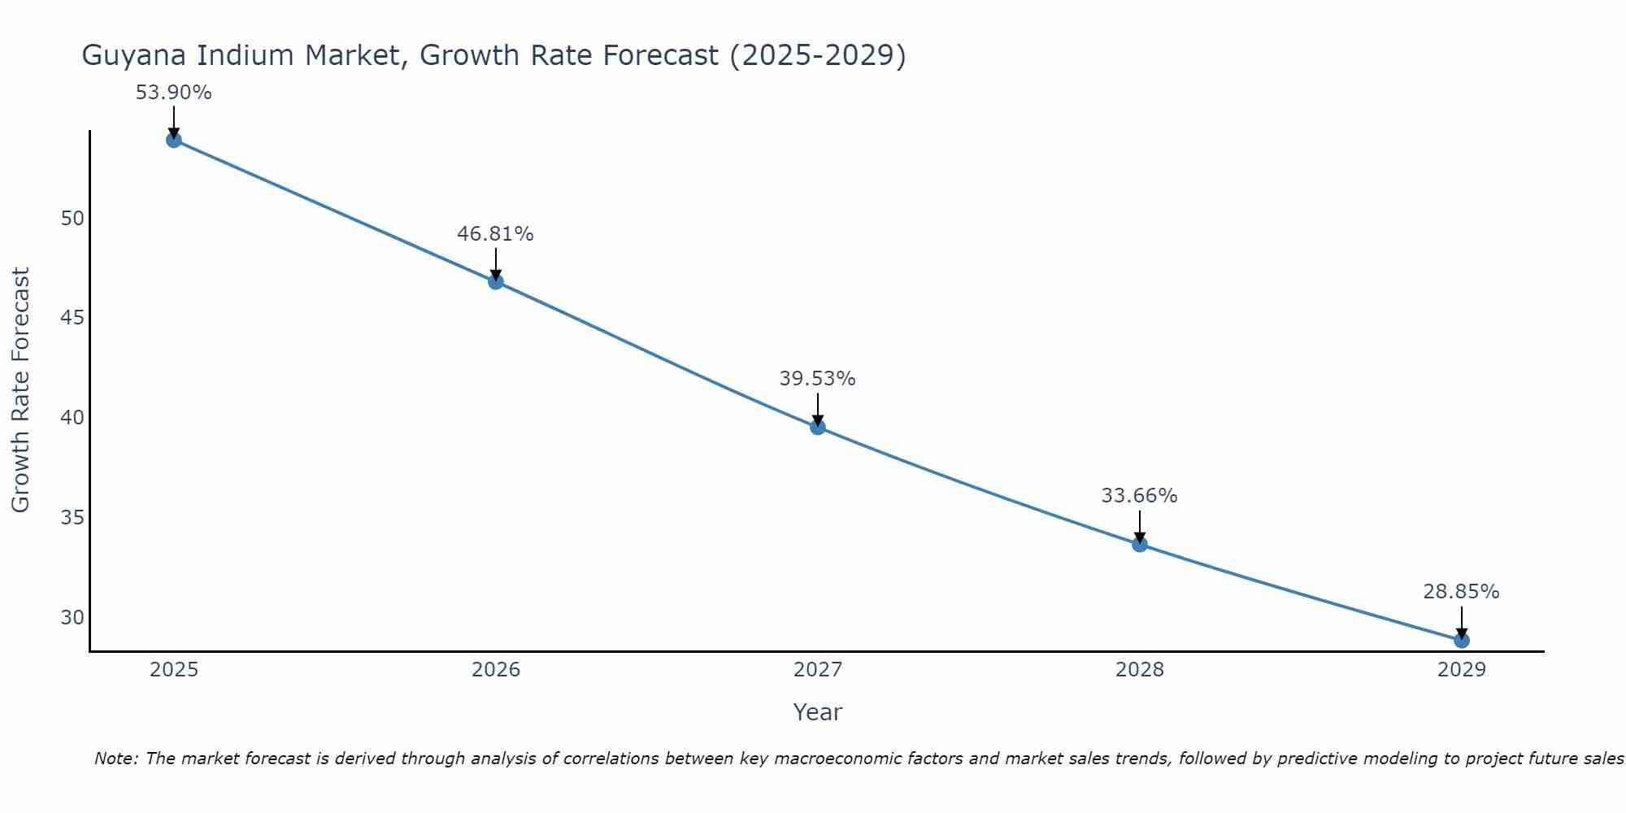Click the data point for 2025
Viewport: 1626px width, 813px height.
[173, 140]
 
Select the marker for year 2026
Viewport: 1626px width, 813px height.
[495, 282]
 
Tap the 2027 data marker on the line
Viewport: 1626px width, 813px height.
[817, 427]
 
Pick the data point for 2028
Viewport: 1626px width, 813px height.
[1139, 545]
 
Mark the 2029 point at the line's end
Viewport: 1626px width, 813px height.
[1461, 641]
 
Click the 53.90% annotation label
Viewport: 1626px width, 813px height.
[173, 93]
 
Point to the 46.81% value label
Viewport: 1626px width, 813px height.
[495, 234]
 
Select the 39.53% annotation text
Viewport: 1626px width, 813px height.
[817, 379]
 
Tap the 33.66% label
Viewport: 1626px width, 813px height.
[1139, 496]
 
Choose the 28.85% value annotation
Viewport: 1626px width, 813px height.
[1461, 592]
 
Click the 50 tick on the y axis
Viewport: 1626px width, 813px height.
[72, 219]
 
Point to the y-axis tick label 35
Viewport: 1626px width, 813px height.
[72, 518]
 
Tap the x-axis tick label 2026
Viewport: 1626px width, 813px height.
[495, 670]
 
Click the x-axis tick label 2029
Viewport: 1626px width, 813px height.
[1461, 670]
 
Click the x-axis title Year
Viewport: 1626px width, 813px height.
[817, 712]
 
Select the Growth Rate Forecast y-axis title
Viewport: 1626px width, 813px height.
[20, 390]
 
